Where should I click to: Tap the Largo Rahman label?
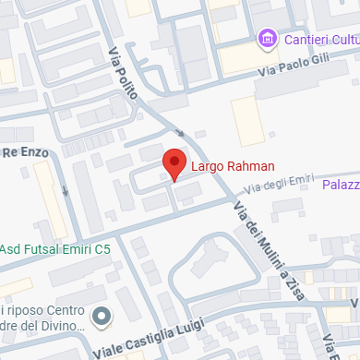233,167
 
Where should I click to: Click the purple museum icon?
267,40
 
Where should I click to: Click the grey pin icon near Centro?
102,318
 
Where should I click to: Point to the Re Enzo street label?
22,150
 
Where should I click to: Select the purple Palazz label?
341,186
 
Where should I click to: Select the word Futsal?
43,249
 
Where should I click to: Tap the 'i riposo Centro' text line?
43,310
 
